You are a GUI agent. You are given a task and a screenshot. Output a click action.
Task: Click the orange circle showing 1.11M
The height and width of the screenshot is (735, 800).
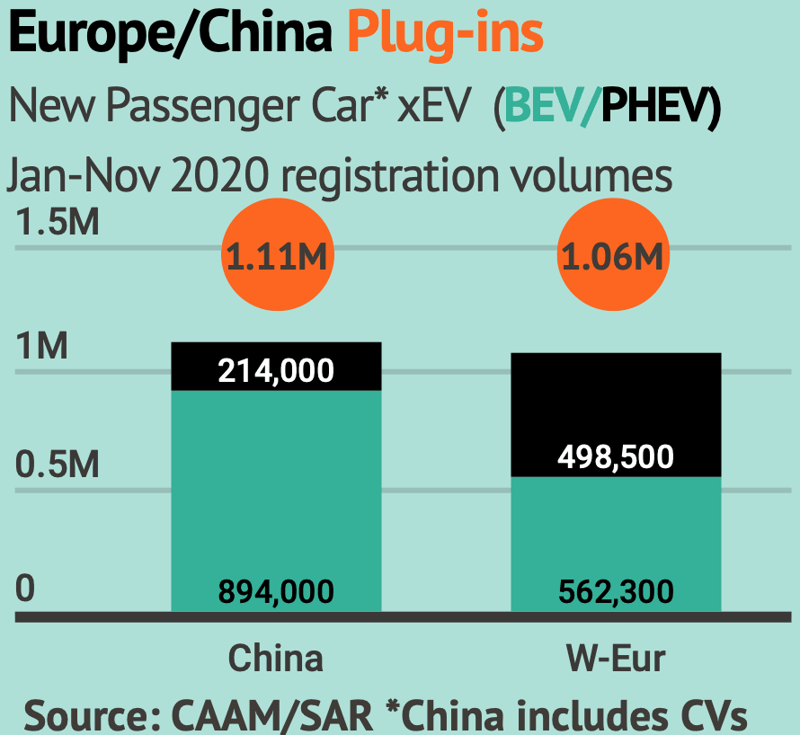(x=274, y=257)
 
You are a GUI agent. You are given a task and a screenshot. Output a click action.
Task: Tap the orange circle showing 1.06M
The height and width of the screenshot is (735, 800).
(x=613, y=257)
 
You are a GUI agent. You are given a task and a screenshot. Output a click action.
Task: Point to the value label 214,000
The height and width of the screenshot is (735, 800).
(x=276, y=370)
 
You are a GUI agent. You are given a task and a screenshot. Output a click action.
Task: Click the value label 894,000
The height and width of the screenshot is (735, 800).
(x=276, y=592)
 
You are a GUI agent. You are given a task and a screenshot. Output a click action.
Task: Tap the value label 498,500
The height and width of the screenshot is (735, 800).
(x=616, y=457)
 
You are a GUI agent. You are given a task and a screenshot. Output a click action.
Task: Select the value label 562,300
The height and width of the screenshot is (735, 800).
(x=616, y=592)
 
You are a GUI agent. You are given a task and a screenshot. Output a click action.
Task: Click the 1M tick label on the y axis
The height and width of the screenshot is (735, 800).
(x=42, y=346)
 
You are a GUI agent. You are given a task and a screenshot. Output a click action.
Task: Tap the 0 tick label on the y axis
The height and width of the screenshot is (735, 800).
(x=24, y=589)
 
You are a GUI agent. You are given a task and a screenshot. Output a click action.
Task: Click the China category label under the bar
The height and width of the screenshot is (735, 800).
(x=275, y=659)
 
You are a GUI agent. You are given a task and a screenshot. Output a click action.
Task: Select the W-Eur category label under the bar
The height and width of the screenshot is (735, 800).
(x=616, y=659)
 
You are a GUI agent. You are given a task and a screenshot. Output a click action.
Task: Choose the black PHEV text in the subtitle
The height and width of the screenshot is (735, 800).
(x=653, y=109)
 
